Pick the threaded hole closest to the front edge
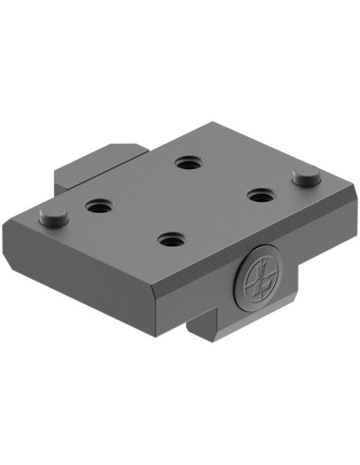(171, 240)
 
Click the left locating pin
(54, 215)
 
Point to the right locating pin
(304, 176)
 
